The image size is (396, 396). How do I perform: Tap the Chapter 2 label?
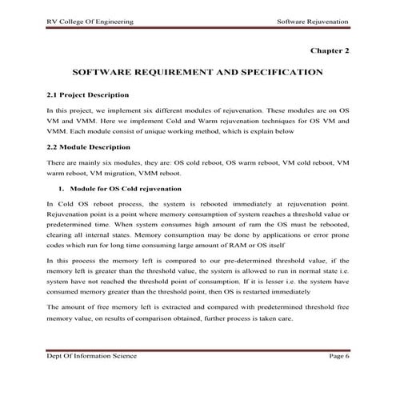(330, 50)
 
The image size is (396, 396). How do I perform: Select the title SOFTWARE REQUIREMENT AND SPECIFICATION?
(198, 72)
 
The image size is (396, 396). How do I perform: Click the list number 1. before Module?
(60, 190)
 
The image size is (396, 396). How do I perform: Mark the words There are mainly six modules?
(90, 162)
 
